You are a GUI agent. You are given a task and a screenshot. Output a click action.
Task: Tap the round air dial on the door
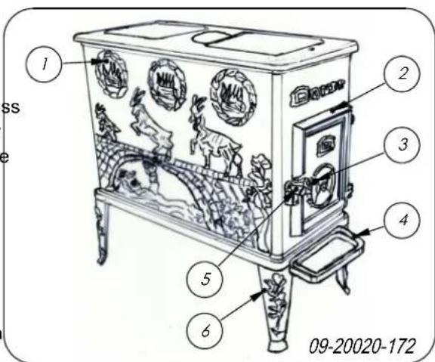pyautogui.click(x=322, y=181)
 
